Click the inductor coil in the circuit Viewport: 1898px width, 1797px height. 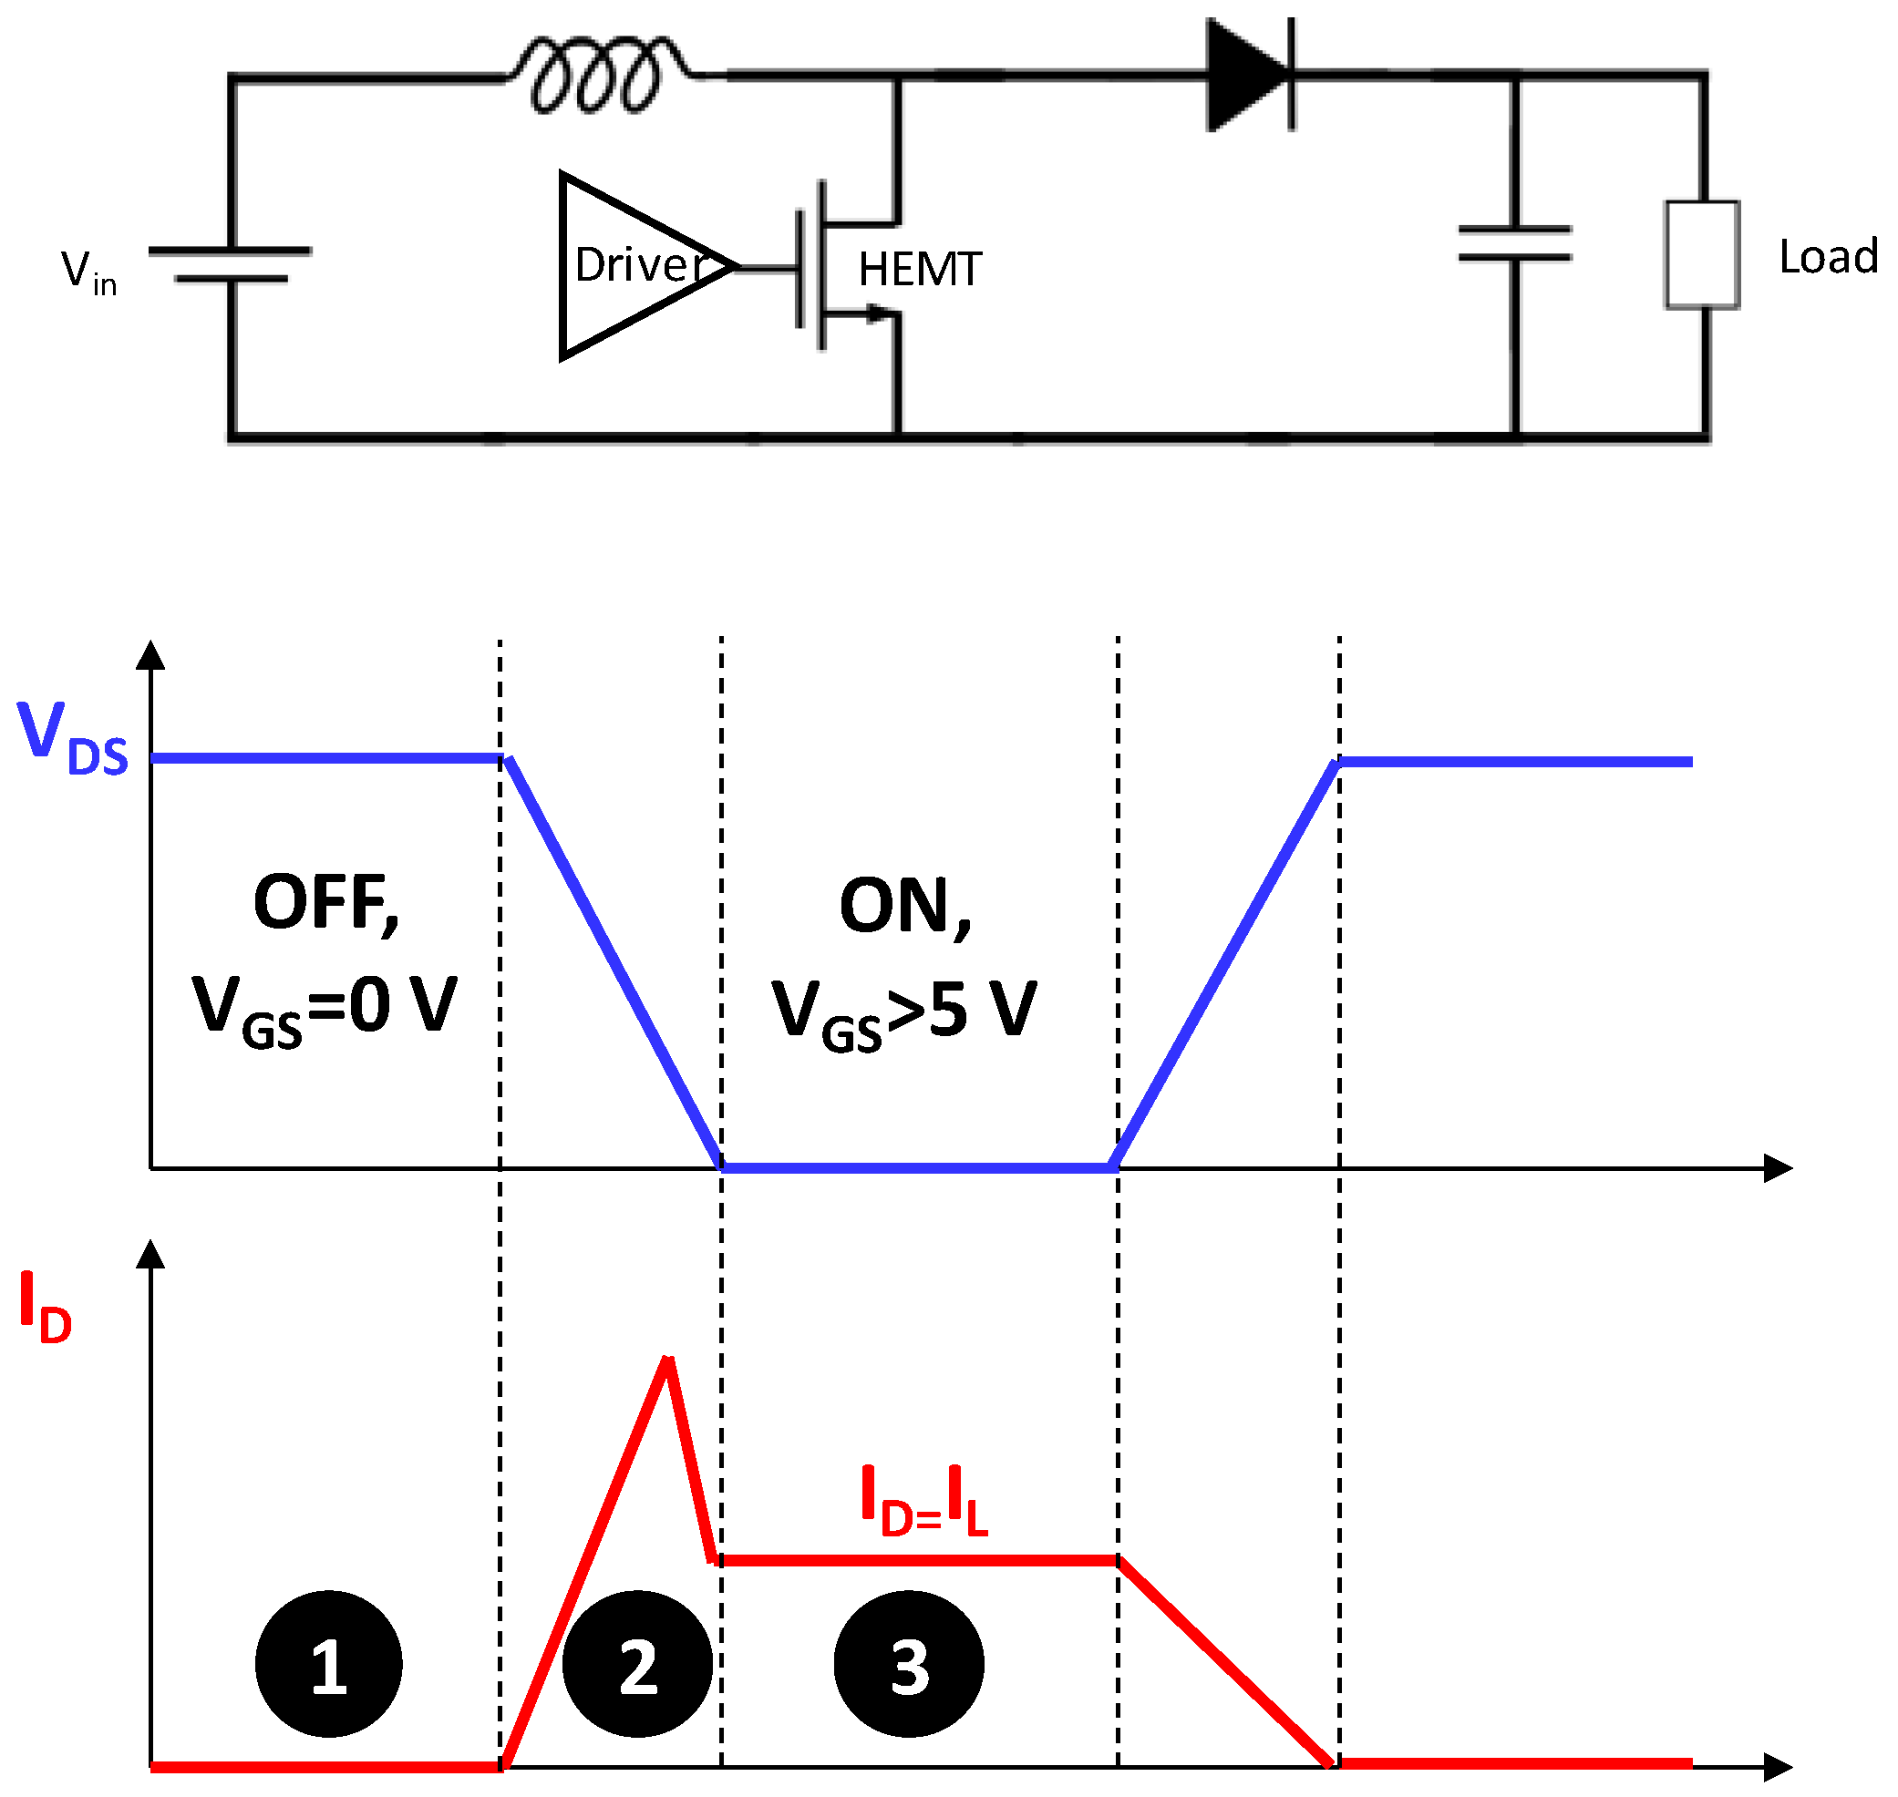(x=597, y=75)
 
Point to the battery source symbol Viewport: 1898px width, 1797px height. (x=230, y=264)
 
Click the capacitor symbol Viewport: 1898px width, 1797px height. (x=1514, y=243)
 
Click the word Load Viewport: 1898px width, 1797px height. (x=1826, y=257)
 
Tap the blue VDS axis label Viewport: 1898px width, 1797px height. (x=73, y=737)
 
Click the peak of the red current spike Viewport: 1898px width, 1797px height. (x=668, y=1361)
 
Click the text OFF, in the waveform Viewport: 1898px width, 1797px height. (x=325, y=903)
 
